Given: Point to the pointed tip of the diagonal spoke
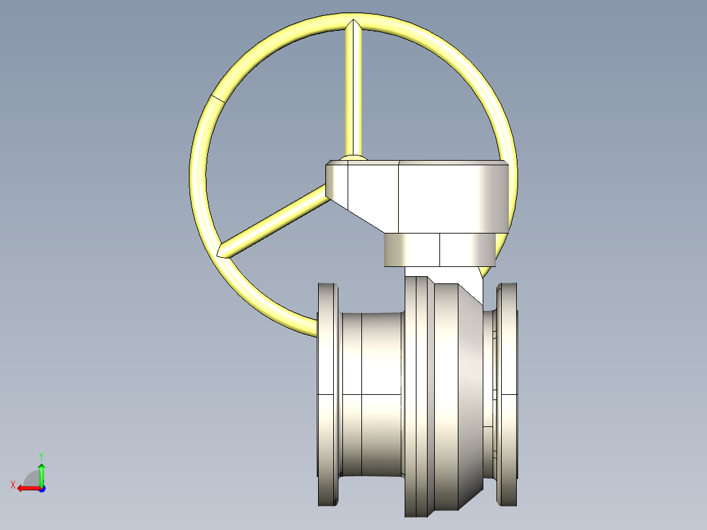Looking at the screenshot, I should (x=221, y=251).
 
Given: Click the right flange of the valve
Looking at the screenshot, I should (x=507, y=394).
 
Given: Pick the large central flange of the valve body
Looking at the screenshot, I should (x=417, y=394).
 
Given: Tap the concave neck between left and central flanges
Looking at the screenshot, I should (x=371, y=394).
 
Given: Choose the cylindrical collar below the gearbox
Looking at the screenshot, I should (x=439, y=250).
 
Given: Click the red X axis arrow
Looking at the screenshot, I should (x=26, y=488).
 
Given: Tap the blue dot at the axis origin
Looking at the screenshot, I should (x=41, y=488).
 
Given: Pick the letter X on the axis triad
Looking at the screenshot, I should (x=12, y=485).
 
